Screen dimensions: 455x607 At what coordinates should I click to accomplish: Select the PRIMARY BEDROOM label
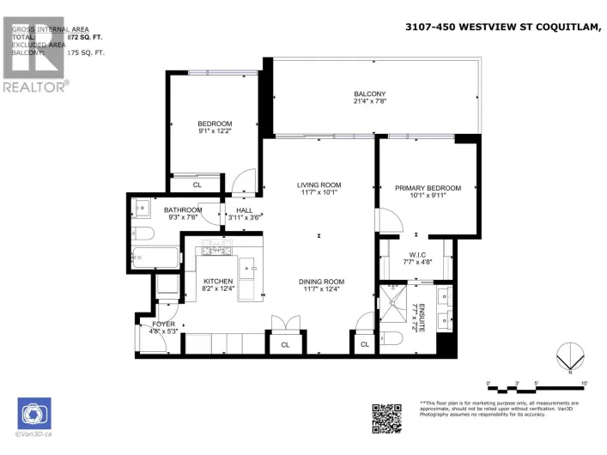(x=428, y=188)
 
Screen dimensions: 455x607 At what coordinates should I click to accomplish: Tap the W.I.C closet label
(x=418, y=254)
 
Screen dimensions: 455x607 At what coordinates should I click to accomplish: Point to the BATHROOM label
(x=183, y=209)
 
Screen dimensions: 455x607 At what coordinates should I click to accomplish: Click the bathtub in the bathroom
(x=155, y=256)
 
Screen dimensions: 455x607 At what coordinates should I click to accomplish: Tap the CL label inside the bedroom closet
(x=197, y=185)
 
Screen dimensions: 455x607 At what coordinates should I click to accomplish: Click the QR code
(x=385, y=417)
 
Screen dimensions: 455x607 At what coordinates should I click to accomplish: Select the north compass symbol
(x=565, y=356)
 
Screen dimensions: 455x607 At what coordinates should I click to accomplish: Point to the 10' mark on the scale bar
(x=584, y=383)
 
